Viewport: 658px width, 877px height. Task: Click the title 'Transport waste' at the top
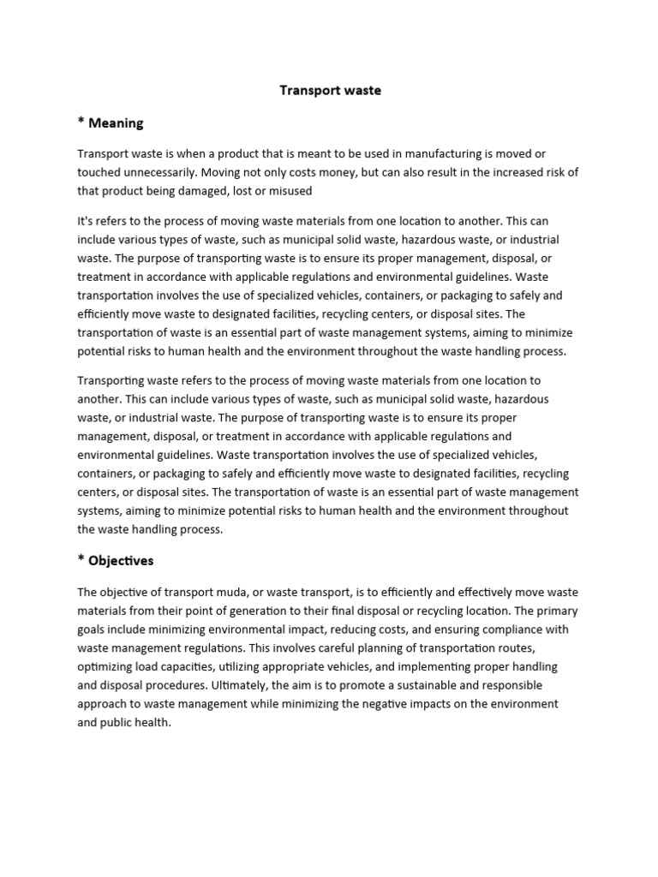330,90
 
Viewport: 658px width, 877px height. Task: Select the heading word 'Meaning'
117,123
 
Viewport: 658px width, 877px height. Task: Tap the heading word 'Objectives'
122,561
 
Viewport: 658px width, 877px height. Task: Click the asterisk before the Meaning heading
81,122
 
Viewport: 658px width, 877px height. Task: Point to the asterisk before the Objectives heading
81,560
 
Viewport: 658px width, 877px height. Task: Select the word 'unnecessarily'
163,172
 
